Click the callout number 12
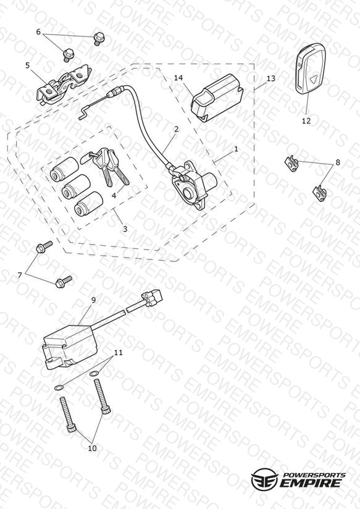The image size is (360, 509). (306, 120)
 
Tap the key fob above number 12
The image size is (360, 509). (311, 70)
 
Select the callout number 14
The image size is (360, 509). (178, 78)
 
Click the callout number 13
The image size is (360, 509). (270, 78)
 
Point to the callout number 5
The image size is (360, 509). (28, 65)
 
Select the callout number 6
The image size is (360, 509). (38, 32)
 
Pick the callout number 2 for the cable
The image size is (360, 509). (176, 129)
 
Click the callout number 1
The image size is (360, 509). (237, 149)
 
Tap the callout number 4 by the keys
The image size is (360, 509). (114, 196)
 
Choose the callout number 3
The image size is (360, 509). (125, 229)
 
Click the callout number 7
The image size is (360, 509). (20, 276)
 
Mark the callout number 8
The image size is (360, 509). (338, 162)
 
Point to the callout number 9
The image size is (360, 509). (93, 300)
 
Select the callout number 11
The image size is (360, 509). (119, 352)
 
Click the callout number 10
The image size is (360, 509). (92, 448)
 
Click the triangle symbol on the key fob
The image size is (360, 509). (313, 78)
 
